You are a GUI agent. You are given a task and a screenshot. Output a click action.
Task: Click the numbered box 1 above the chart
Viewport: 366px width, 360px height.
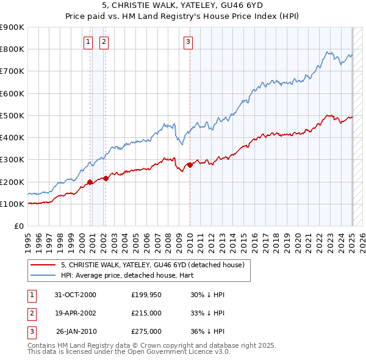click(x=88, y=41)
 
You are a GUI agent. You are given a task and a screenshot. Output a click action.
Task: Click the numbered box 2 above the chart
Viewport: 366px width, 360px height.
click(x=104, y=41)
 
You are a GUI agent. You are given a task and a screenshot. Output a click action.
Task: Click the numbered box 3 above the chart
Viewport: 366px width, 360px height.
click(x=188, y=41)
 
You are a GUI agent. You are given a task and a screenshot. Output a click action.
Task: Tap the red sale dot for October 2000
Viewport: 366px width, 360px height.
click(x=90, y=182)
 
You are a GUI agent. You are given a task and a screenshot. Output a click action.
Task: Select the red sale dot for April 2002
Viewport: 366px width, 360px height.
click(x=106, y=178)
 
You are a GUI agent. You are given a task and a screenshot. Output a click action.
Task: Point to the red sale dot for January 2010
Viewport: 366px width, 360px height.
click(x=190, y=165)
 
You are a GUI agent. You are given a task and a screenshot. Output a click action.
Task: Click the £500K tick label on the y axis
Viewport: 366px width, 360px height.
click(x=12, y=115)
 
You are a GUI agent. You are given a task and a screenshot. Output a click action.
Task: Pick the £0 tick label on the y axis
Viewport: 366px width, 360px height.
click(x=19, y=226)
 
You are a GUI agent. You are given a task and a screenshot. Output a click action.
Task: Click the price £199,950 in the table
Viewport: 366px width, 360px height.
click(x=146, y=295)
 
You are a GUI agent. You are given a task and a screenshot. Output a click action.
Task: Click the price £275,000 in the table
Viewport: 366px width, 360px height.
click(x=146, y=331)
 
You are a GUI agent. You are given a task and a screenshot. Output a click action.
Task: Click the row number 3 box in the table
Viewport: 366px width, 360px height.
click(x=30, y=331)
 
